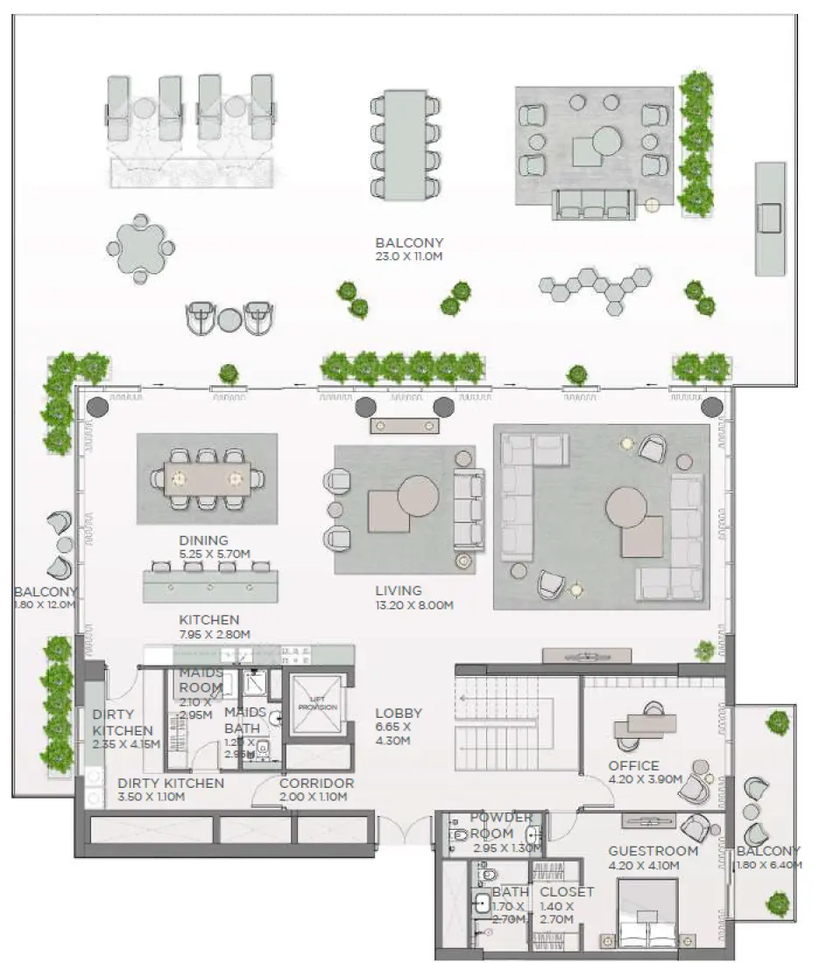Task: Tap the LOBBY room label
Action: (x=399, y=713)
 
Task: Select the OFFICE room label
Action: (x=633, y=766)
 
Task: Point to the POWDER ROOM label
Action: (x=501, y=825)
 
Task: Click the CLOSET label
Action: (x=567, y=892)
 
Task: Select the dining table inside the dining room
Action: (x=207, y=478)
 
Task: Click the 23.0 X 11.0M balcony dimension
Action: (x=409, y=257)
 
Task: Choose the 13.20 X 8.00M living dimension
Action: (x=414, y=606)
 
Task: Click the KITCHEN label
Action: (x=209, y=620)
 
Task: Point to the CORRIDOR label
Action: (x=316, y=784)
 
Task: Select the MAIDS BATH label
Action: (x=242, y=720)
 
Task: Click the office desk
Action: (x=646, y=724)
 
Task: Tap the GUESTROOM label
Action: (x=653, y=851)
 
